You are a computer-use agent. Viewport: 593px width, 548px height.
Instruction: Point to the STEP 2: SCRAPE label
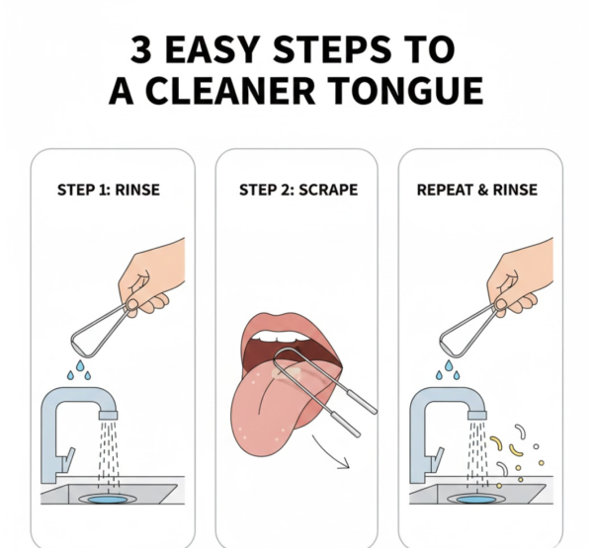coord(296,189)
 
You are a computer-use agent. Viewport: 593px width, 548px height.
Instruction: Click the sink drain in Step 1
coord(108,503)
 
